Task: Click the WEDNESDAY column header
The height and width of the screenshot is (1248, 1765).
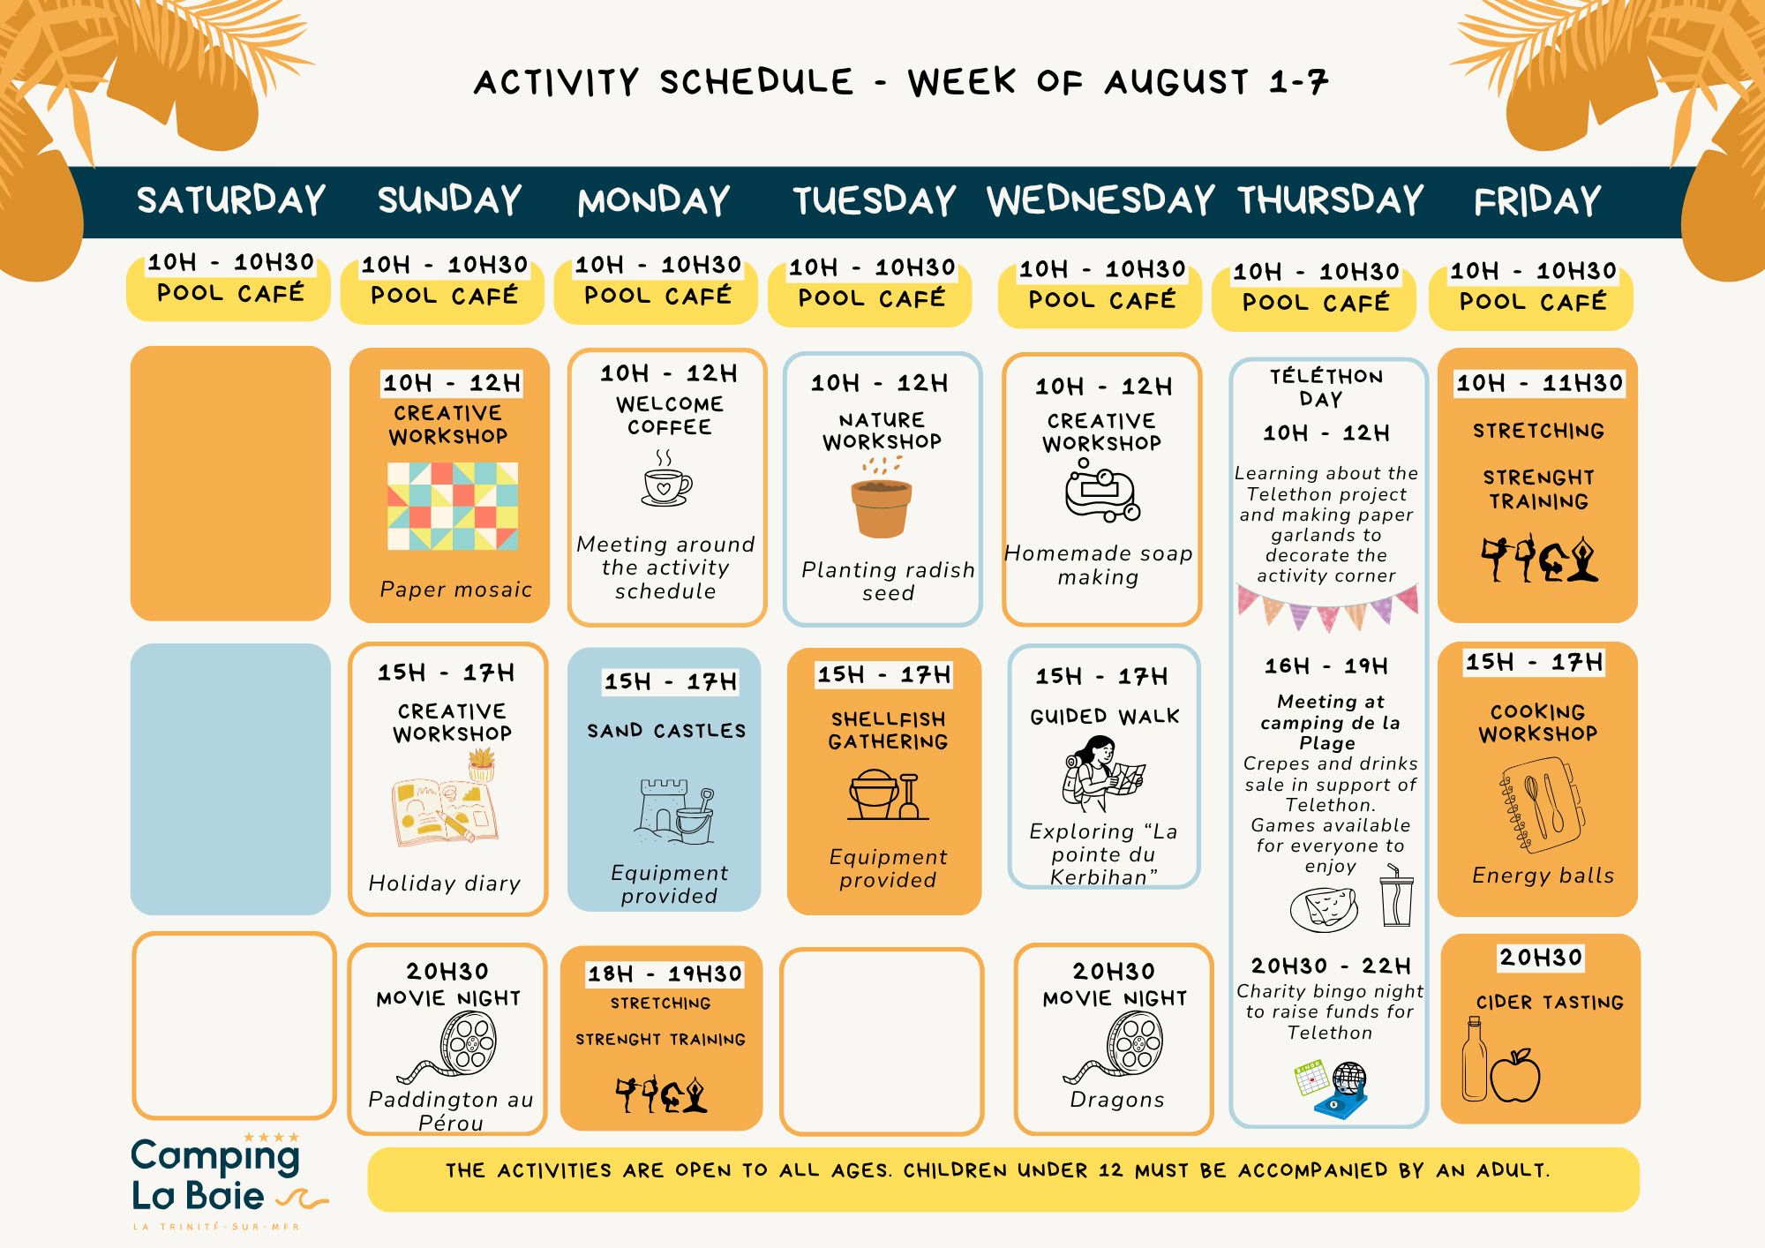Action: coord(1100,200)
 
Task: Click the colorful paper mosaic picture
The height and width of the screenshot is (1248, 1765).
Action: coord(453,506)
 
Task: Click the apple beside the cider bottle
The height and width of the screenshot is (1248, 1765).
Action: coord(1516,1075)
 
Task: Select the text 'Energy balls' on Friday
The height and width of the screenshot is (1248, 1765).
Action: coord(1543,876)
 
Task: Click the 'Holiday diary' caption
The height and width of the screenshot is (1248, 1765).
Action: coord(445,883)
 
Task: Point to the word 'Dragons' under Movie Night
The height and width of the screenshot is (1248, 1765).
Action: coord(1117,1100)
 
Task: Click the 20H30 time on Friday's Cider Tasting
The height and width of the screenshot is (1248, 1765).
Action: coord(1541,958)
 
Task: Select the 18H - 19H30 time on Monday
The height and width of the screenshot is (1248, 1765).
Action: coord(665,974)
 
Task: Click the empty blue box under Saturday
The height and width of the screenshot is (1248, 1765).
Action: coord(230,778)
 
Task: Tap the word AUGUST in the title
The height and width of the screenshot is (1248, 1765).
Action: coord(1176,83)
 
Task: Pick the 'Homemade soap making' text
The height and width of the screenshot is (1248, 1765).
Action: coord(1099,565)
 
